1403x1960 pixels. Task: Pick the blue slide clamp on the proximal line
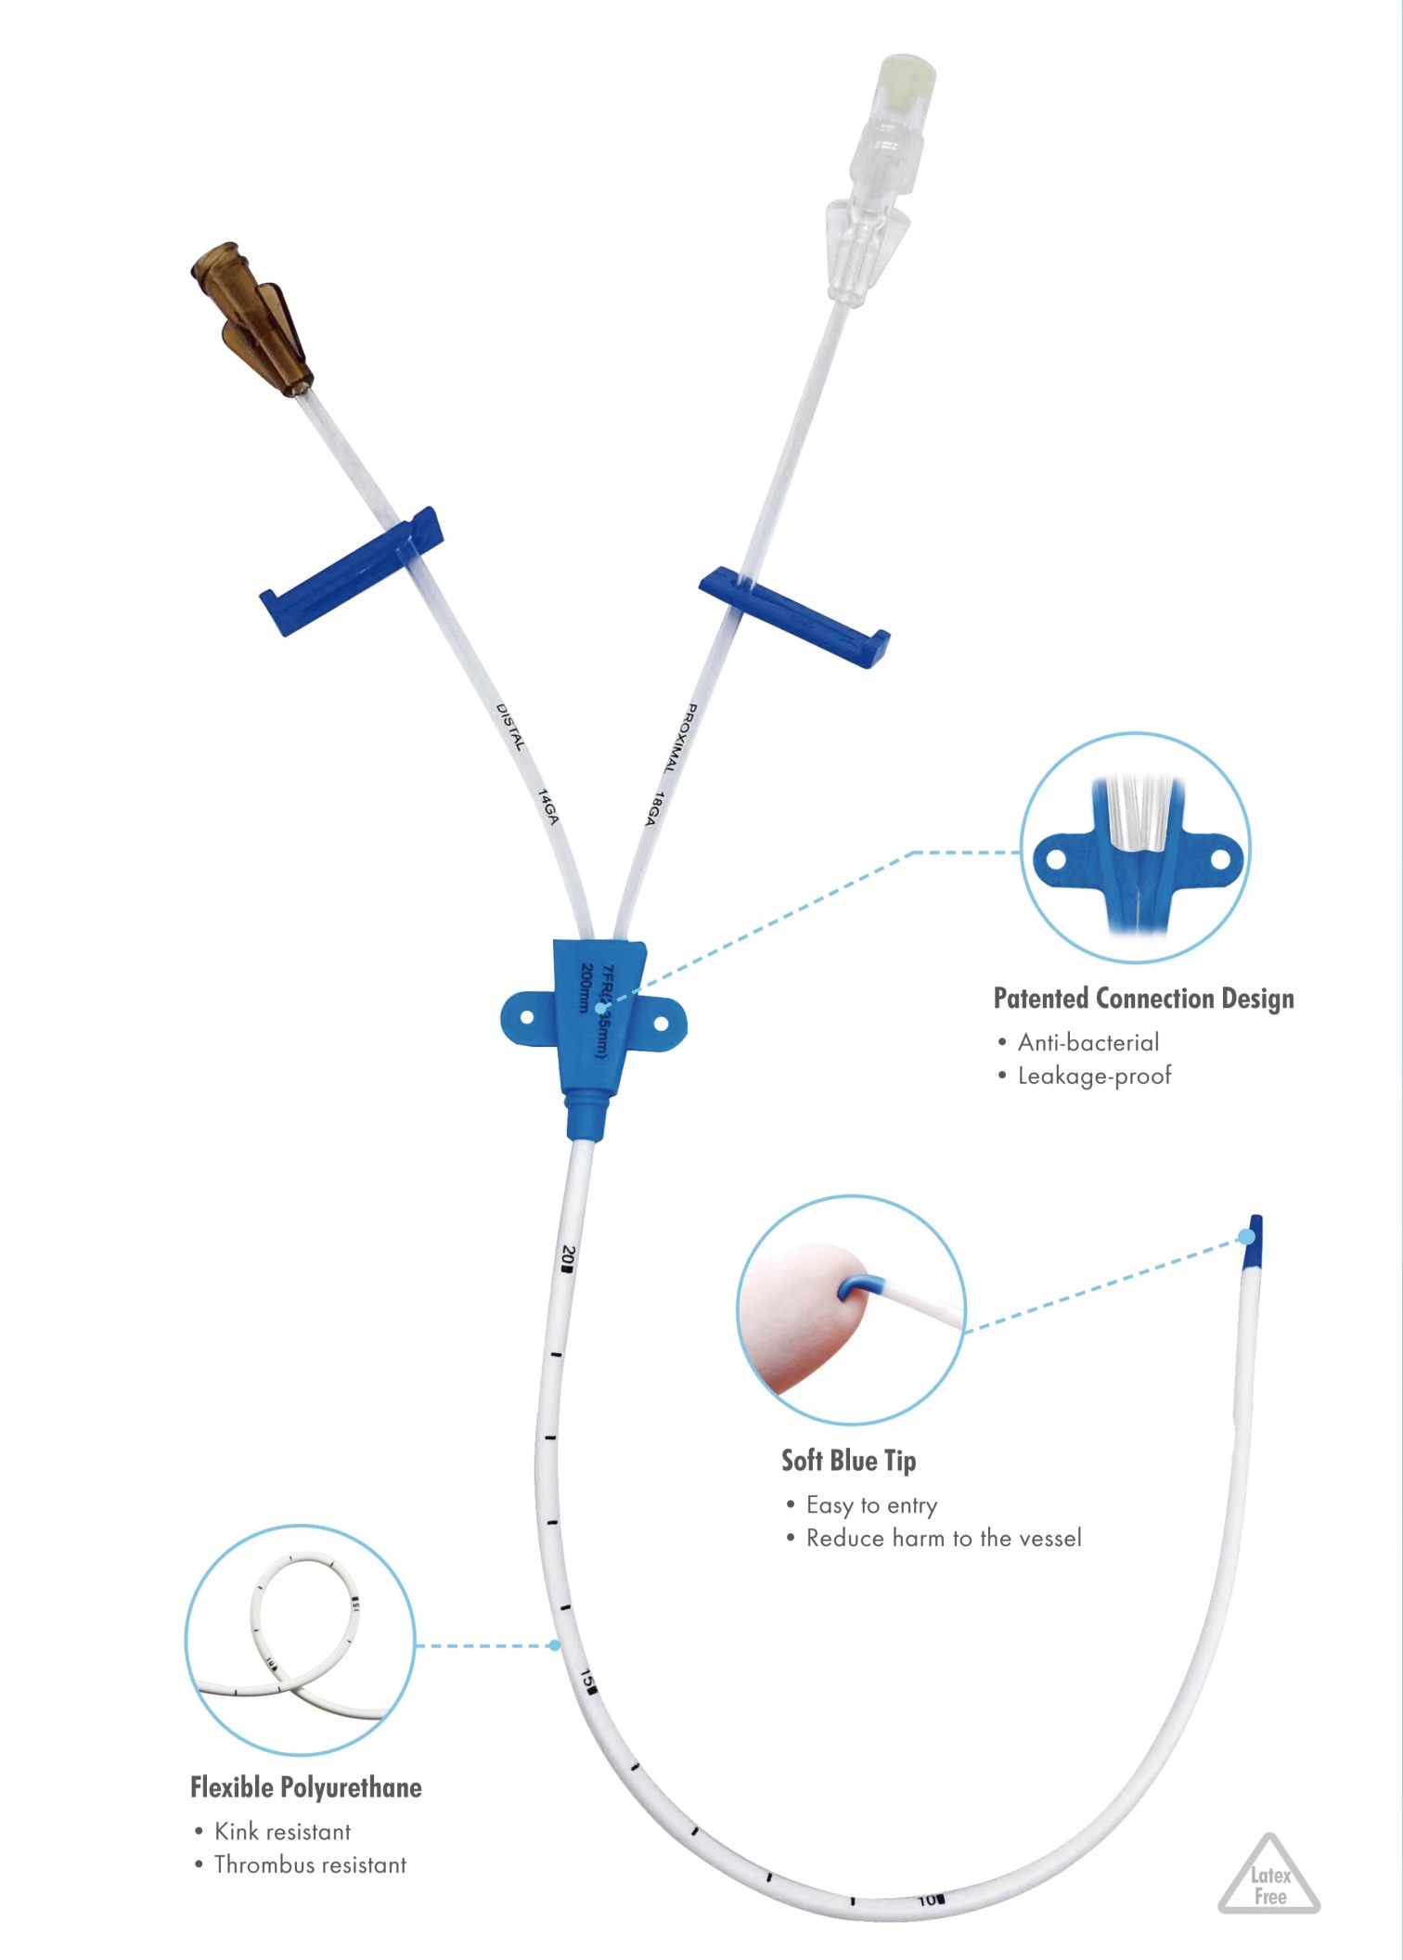[794, 617]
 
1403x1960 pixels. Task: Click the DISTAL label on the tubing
[510, 727]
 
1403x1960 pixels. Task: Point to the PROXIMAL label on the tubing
[679, 739]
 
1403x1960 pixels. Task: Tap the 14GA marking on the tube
[549, 806]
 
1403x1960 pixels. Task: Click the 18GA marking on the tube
[654, 808]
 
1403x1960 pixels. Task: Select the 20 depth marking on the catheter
[569, 1257]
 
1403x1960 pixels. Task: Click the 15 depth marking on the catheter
[589, 1681]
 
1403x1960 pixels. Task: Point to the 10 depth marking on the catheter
[930, 1900]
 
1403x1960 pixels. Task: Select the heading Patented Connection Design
[1143, 999]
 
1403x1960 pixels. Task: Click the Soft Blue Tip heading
[848, 1461]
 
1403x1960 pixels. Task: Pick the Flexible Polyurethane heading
[306, 1787]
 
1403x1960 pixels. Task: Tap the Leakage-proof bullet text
[1094, 1076]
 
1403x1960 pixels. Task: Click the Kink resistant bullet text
[282, 1831]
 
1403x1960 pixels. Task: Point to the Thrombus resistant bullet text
[310, 1864]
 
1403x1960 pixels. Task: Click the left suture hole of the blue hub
[527, 1017]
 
